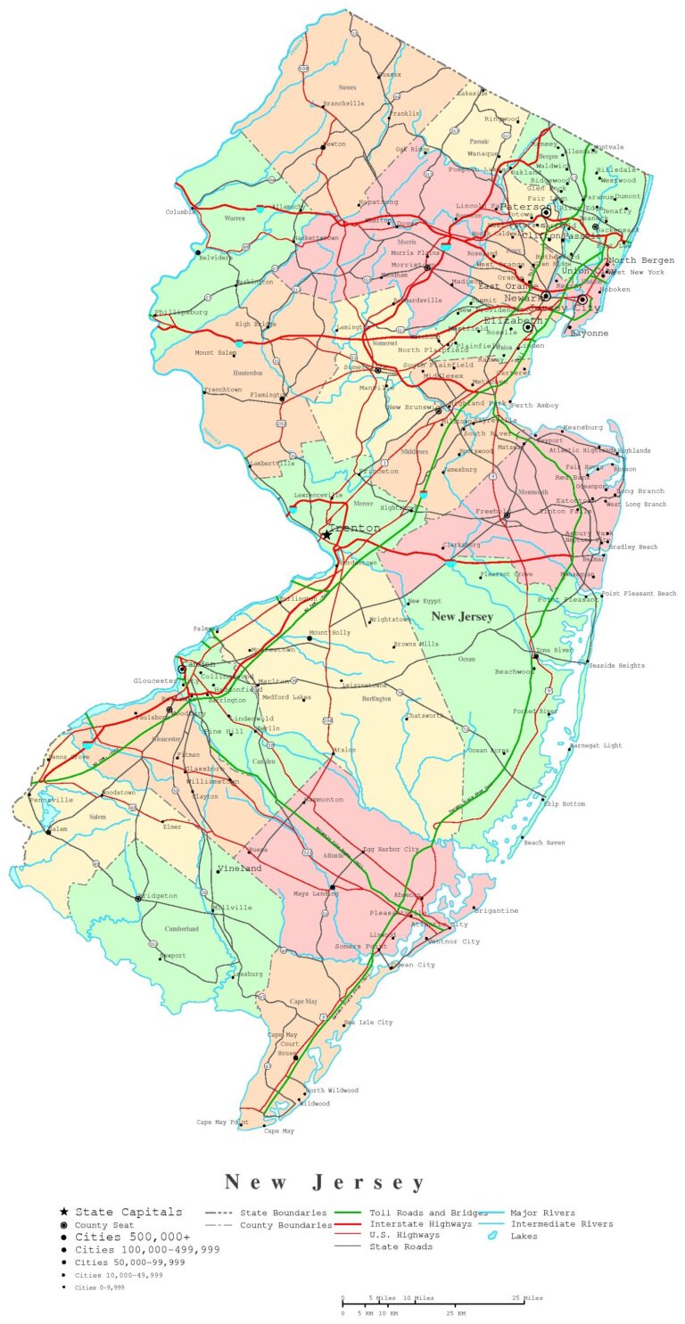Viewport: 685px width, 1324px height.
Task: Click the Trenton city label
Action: [358, 528]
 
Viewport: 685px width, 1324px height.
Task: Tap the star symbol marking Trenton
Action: [326, 535]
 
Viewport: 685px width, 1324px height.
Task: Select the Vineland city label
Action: [239, 868]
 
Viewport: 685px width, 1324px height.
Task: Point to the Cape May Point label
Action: [222, 1122]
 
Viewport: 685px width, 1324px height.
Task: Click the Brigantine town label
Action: [497, 910]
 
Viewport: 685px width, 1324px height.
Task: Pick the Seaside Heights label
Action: [615, 665]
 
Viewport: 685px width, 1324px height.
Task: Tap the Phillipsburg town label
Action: [182, 312]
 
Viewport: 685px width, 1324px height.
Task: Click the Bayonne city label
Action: [590, 333]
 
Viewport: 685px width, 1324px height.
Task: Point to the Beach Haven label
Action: [544, 842]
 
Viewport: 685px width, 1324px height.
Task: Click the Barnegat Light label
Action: [596, 744]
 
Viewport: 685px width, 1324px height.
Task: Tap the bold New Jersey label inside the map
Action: [462, 617]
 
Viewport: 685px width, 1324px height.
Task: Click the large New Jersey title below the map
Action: [326, 1182]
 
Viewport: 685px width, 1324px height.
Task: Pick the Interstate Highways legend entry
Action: [421, 1224]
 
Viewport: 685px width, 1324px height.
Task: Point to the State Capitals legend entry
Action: [128, 1212]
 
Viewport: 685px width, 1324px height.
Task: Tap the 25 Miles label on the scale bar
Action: [528, 1297]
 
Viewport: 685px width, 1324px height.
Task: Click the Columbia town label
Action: [181, 211]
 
